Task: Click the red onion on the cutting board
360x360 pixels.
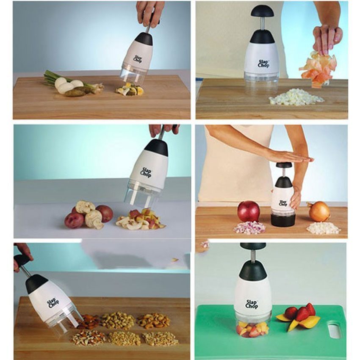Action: [248, 211]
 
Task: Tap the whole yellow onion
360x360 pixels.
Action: [319, 211]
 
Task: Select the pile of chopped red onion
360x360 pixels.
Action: [249, 228]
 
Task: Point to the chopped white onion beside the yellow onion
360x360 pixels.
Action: [323, 228]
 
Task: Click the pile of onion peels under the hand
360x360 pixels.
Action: [317, 69]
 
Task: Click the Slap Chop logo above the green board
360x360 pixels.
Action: [252, 304]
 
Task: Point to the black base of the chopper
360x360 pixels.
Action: [283, 219]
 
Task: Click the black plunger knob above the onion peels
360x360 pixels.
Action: [262, 11]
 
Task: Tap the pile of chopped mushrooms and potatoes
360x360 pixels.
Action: [139, 219]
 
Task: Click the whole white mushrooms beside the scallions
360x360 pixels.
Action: [68, 85]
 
